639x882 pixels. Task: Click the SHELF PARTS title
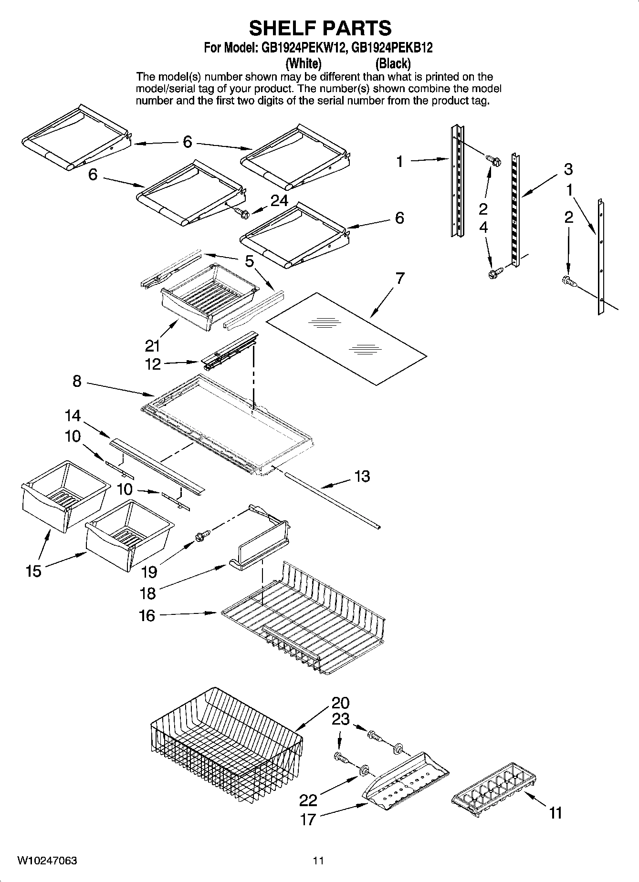(x=320, y=28)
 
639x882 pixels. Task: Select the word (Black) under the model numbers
(x=393, y=63)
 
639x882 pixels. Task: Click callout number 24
(x=279, y=201)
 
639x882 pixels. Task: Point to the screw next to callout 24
(x=242, y=213)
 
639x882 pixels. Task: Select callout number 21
(x=153, y=345)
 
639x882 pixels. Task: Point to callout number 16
(x=147, y=616)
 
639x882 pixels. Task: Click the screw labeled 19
(x=199, y=537)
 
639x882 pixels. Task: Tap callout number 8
(x=77, y=381)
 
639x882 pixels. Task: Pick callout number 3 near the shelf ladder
(x=568, y=169)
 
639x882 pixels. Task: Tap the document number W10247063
(x=47, y=861)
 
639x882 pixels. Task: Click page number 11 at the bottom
(x=318, y=861)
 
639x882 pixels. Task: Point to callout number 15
(x=33, y=571)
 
